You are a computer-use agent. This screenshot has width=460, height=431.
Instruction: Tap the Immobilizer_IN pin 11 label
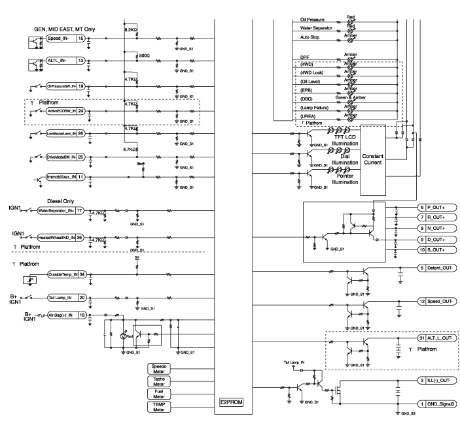[62, 177]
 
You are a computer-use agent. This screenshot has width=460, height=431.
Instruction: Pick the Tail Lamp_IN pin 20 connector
[66, 297]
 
